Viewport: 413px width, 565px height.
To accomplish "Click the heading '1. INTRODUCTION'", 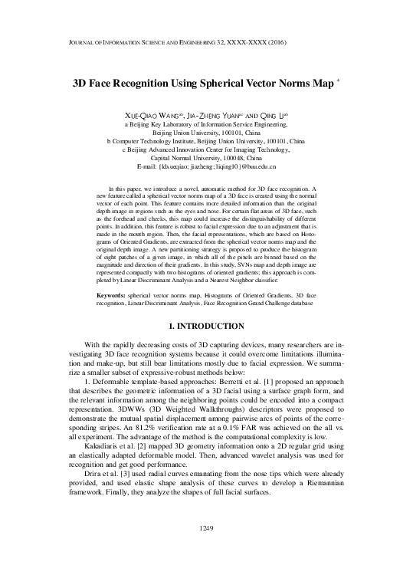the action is [x=206, y=325].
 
